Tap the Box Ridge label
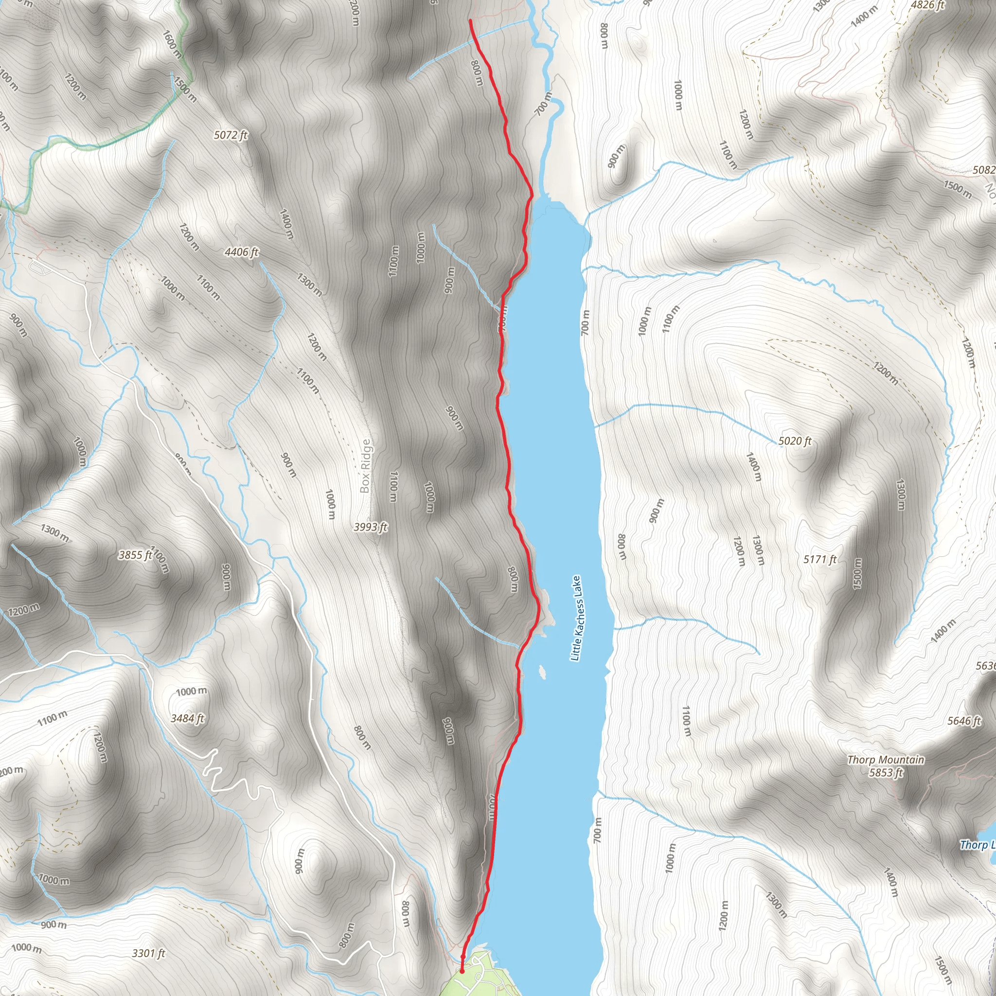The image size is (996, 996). pyautogui.click(x=366, y=466)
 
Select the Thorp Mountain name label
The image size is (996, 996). pyautogui.click(x=886, y=759)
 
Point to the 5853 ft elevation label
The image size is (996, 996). pyautogui.click(x=886, y=772)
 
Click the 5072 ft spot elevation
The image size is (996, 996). pyautogui.click(x=231, y=135)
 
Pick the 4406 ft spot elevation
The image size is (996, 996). pyautogui.click(x=241, y=252)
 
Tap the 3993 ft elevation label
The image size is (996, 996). pyautogui.click(x=370, y=527)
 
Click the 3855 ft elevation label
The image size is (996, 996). pyautogui.click(x=135, y=555)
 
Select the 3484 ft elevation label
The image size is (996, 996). pyautogui.click(x=188, y=718)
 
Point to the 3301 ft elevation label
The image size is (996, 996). pyautogui.click(x=148, y=953)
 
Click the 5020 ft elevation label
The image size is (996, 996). pyautogui.click(x=795, y=441)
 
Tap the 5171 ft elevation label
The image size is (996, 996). pyautogui.click(x=819, y=559)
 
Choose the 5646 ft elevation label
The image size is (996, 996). pyautogui.click(x=963, y=721)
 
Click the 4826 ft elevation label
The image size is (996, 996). pyautogui.click(x=927, y=6)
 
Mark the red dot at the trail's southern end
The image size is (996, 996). pyautogui.click(x=462, y=970)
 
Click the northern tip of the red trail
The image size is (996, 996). pyautogui.click(x=470, y=20)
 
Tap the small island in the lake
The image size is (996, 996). pyautogui.click(x=542, y=672)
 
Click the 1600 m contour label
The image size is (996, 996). pyautogui.click(x=172, y=44)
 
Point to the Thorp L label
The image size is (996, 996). pyautogui.click(x=977, y=844)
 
